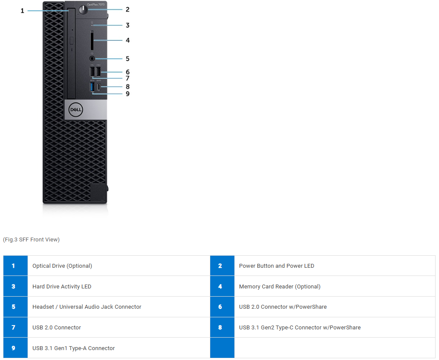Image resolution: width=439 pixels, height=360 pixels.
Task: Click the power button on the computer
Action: pyautogui.click(x=83, y=10)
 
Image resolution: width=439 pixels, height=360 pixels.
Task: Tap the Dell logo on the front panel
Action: pyautogui.click(x=75, y=110)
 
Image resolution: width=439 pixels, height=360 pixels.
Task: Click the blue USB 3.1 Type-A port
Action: pyautogui.click(x=92, y=87)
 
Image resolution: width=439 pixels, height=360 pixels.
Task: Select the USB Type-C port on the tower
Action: pyautogui.click(x=99, y=87)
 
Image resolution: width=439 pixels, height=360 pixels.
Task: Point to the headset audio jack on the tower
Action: pyautogui.click(x=92, y=59)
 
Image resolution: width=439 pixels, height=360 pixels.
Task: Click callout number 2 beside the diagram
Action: pyautogui.click(x=128, y=9)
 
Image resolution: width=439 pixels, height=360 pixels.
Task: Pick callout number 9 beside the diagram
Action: pyautogui.click(x=128, y=94)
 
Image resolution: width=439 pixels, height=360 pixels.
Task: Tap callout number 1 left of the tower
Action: pyautogui.click(x=22, y=11)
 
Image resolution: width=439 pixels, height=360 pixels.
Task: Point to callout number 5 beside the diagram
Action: pyautogui.click(x=128, y=59)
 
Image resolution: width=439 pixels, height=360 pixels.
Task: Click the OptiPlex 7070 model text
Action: pyautogui.click(x=96, y=4)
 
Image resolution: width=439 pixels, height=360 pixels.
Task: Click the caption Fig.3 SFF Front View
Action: pyautogui.click(x=31, y=240)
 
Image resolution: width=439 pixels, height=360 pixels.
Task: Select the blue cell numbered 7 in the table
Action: pyautogui.click(x=16, y=327)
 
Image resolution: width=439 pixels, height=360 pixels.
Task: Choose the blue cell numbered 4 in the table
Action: pyautogui.click(x=222, y=286)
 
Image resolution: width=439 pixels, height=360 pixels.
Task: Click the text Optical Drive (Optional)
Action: pyautogui.click(x=62, y=266)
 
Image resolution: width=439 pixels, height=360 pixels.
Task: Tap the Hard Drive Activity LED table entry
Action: pyautogui.click(x=62, y=287)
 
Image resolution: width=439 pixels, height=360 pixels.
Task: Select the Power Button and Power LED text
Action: pyautogui.click(x=277, y=266)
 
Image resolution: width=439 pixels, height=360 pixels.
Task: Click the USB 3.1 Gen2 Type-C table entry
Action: pyautogui.click(x=300, y=328)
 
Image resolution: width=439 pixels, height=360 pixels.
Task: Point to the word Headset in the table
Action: pyautogui.click(x=43, y=307)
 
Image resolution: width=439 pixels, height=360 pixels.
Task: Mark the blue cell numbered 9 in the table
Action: pyautogui.click(x=16, y=347)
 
